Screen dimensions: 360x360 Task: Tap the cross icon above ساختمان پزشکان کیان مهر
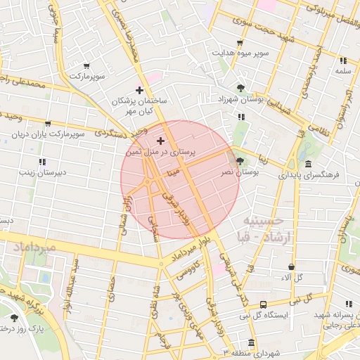click(x=139, y=90)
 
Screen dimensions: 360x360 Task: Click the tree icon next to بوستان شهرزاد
click(x=241, y=89)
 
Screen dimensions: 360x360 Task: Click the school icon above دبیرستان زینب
click(x=42, y=162)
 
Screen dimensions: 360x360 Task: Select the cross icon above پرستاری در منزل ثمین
click(x=161, y=141)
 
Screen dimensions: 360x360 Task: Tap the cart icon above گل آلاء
click(x=291, y=267)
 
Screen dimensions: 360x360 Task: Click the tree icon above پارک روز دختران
click(x=14, y=318)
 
